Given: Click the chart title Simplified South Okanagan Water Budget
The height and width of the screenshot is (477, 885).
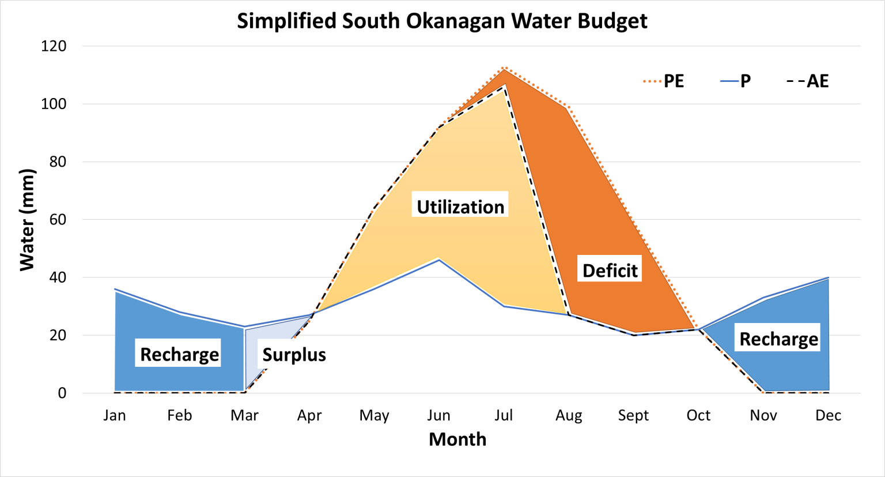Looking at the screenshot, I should [442, 21].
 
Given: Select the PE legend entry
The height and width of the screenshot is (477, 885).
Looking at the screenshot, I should [664, 81].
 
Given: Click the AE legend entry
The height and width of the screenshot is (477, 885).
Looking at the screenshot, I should [808, 81].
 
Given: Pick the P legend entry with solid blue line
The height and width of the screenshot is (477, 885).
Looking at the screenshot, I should [736, 81].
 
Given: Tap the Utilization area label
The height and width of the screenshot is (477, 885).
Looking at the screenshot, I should [460, 206].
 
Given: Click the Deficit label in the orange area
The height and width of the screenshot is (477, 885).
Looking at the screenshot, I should [610, 270].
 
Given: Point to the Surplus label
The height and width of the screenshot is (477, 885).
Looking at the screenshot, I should [294, 354].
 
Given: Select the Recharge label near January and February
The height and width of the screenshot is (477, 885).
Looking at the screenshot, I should [179, 354].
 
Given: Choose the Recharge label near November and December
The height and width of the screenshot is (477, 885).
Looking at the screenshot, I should [778, 339].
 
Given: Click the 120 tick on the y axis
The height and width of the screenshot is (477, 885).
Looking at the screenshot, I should [54, 46].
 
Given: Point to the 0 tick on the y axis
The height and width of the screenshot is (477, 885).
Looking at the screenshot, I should [62, 393].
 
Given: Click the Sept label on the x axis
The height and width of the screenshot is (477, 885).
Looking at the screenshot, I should [633, 415].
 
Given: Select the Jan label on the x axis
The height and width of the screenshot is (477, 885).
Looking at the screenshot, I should [115, 415].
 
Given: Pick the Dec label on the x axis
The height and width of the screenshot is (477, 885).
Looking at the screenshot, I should [828, 415].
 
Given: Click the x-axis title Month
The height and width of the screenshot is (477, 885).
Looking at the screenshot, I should [457, 440].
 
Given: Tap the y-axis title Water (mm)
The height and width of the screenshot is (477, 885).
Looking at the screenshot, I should [27, 220].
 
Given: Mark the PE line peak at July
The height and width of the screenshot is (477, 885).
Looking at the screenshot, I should [504, 68].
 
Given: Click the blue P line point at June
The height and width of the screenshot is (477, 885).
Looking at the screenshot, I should [439, 260].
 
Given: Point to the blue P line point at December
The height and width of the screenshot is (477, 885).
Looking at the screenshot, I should [828, 277].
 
